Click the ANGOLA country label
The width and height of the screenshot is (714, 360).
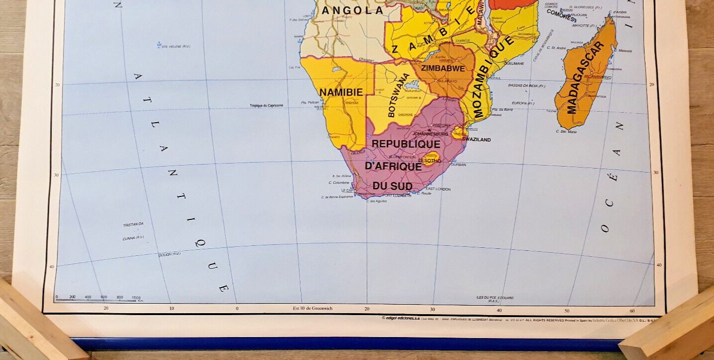pyautogui.click(x=353, y=10)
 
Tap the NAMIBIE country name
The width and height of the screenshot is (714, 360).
pyautogui.click(x=341, y=92)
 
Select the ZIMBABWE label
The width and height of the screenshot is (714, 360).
pyautogui.click(x=443, y=68)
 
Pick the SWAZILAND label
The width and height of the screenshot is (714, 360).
pyautogui.click(x=476, y=140)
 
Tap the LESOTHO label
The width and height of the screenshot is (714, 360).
pyautogui.click(x=429, y=161)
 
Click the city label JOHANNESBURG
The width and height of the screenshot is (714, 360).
pyautogui.click(x=430, y=134)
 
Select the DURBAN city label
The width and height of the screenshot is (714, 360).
pyautogui.click(x=458, y=165)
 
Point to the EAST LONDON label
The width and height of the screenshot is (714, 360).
pyautogui.click(x=438, y=189)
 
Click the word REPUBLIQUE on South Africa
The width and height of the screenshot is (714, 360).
pyautogui.click(x=406, y=144)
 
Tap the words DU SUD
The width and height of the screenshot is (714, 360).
pyautogui.click(x=392, y=186)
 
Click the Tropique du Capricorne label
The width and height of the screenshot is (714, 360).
pyautogui.click(x=267, y=106)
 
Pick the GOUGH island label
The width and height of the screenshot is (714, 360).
pyautogui.click(x=169, y=254)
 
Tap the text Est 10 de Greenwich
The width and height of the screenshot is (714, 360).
pyautogui.click(x=313, y=308)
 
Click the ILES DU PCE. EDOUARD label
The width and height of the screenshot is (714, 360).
pyautogui.click(x=495, y=299)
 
